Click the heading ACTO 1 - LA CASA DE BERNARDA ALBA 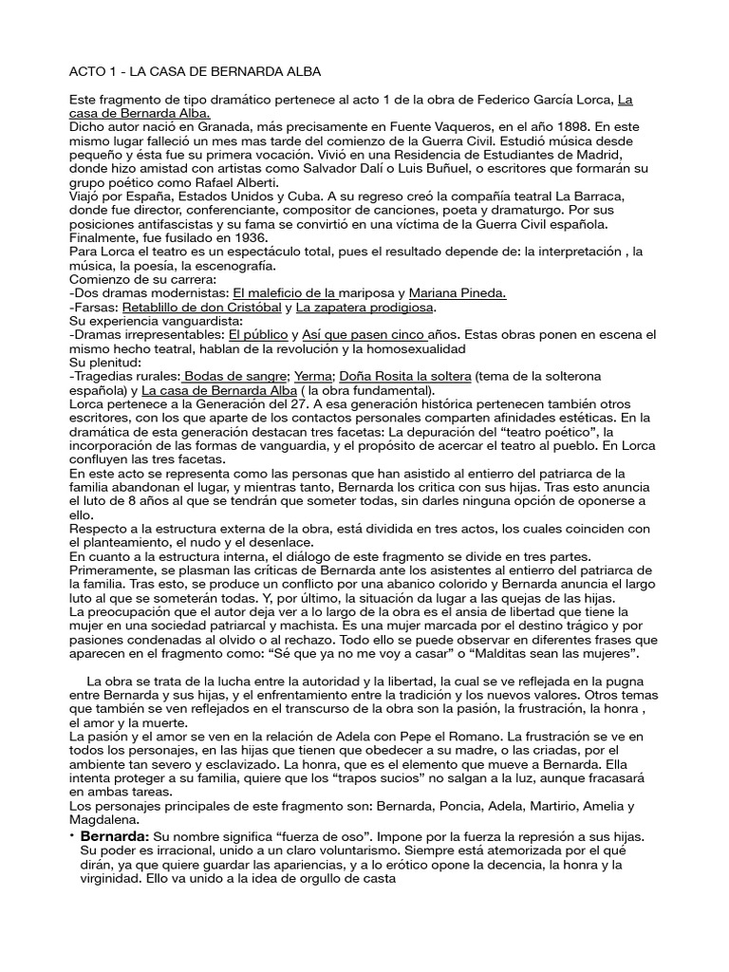pyautogui.click(x=196, y=71)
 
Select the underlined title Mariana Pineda pyautogui.click(x=458, y=293)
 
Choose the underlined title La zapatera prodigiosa pyautogui.click(x=365, y=308)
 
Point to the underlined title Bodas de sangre pyautogui.click(x=236, y=377)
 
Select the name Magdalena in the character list pyautogui.click(x=105, y=819)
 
